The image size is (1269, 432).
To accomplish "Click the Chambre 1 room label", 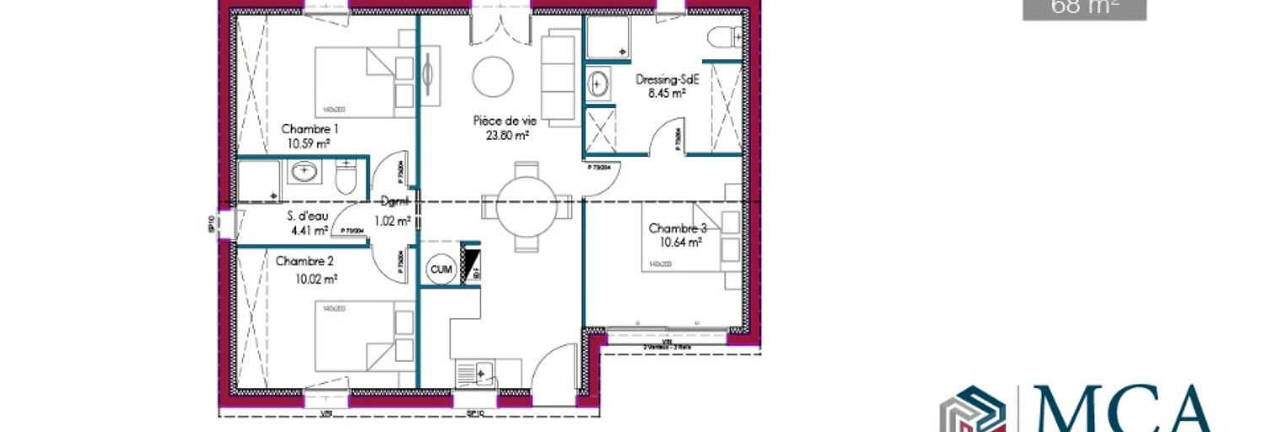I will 310,129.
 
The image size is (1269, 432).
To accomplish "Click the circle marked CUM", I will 440,269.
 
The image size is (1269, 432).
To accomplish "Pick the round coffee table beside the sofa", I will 493,77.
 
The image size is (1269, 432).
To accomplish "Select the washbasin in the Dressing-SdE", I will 599,84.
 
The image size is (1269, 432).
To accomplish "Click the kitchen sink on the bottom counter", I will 476,372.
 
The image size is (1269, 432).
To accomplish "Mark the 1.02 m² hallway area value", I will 392,222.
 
